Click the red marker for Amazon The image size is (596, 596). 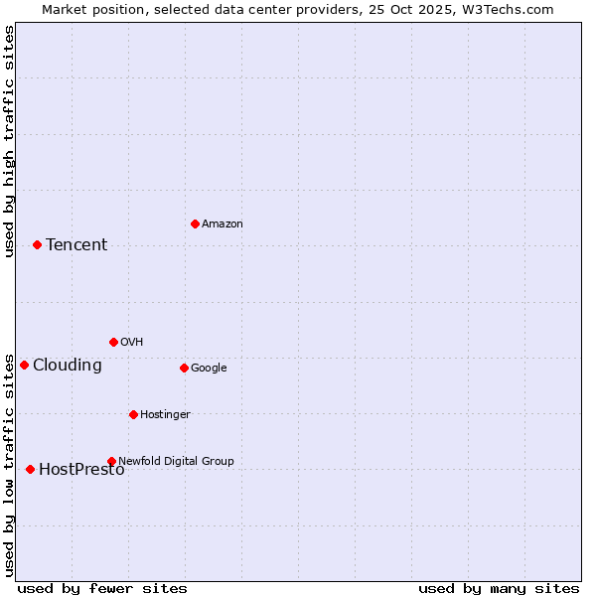195,223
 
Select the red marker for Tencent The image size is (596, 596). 37,244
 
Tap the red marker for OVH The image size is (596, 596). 113,342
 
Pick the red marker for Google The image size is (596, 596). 184,368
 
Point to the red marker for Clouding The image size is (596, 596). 24,365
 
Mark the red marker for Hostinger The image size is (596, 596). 133,414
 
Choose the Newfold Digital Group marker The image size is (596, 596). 111,461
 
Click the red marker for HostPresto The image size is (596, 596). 30,469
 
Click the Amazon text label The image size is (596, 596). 223,224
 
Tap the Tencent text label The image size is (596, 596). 76,245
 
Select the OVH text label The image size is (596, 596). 132,343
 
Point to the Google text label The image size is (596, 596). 209,369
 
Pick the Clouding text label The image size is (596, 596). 68,366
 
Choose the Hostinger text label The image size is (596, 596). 165,415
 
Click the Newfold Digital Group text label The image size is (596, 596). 176,461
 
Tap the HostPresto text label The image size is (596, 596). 81,470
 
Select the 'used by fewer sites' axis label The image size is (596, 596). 102,588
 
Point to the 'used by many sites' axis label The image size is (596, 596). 499,588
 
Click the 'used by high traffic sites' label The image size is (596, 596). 9,141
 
